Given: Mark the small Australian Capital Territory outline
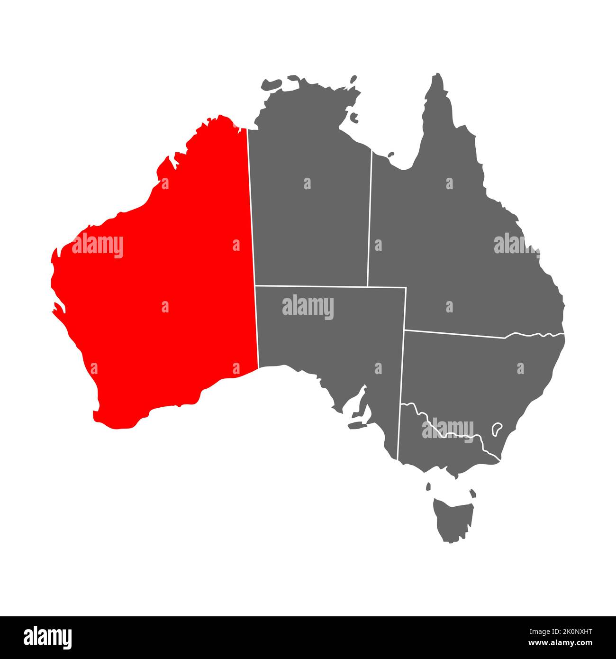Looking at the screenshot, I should click(x=497, y=429).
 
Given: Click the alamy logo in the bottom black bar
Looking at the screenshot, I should click(x=48, y=637).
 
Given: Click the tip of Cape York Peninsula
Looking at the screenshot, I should click(x=439, y=76).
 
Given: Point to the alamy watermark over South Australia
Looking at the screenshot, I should click(x=308, y=307).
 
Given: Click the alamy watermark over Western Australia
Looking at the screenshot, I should click(x=98, y=246).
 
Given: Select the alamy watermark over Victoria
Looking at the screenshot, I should click(x=447, y=430).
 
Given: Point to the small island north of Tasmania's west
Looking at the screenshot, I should click(x=428, y=486).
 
